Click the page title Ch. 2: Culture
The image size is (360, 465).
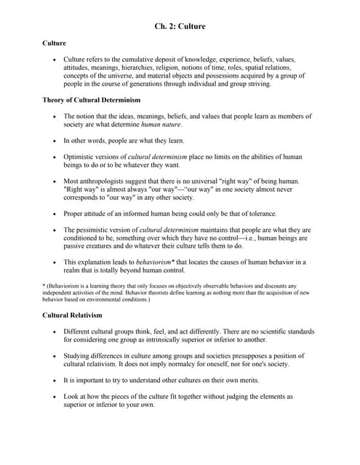point(180,27)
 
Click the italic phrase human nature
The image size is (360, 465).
point(161,124)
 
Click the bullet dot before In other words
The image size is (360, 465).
point(55,140)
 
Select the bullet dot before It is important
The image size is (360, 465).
point(55,381)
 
